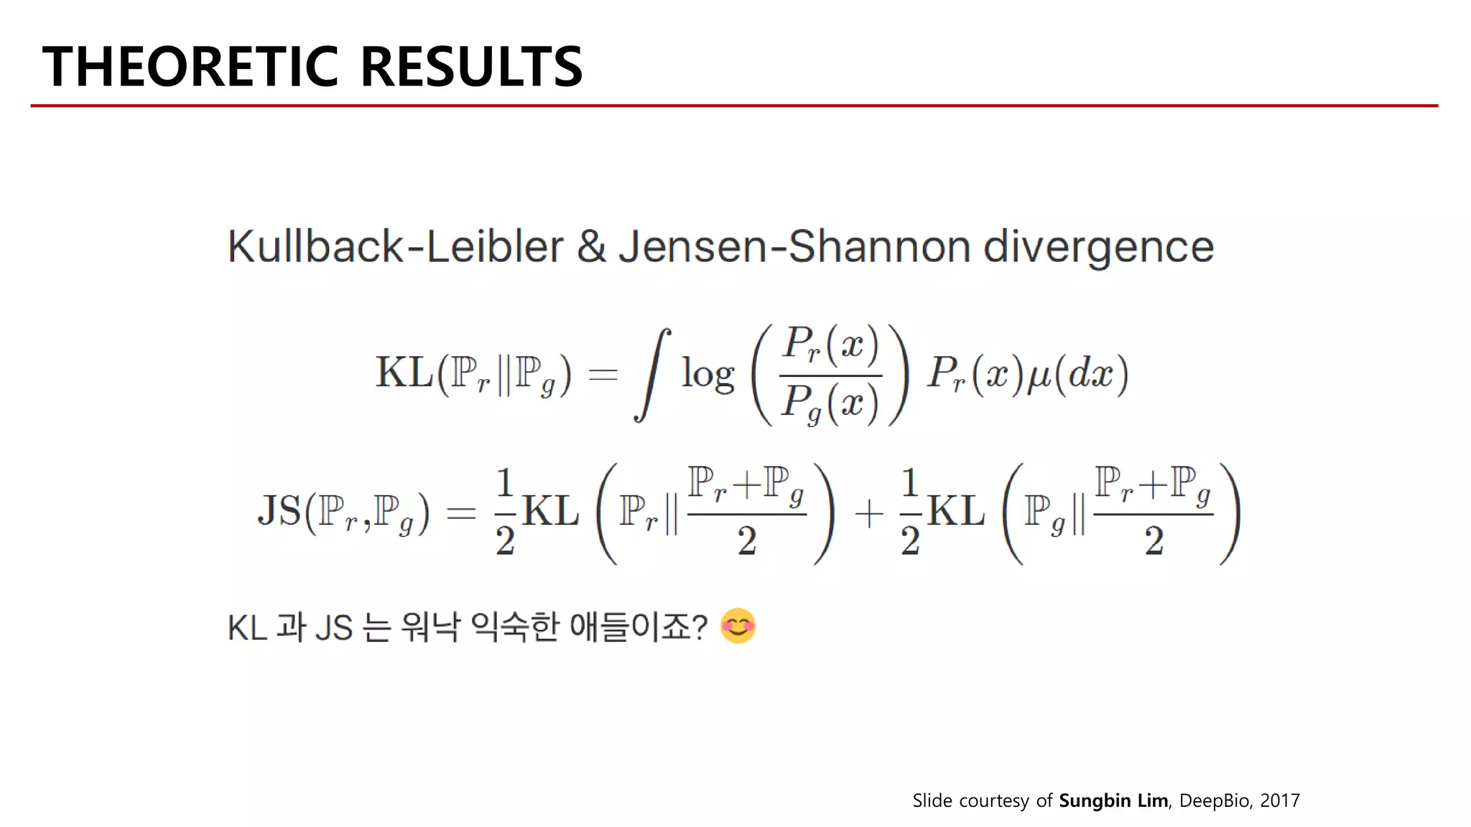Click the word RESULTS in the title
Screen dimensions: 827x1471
(471, 67)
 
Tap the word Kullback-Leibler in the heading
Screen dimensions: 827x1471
(396, 247)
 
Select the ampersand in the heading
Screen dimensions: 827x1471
(591, 247)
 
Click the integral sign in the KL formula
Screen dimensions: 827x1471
(652, 375)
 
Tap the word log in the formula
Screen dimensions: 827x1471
(708, 375)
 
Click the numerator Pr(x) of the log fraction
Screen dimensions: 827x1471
(830, 345)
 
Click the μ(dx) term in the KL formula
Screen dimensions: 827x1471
(1077, 374)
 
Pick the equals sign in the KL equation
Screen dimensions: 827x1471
(603, 374)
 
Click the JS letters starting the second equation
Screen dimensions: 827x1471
(279, 511)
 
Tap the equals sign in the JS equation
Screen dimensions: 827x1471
(461, 513)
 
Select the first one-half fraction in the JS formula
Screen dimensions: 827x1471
(505, 511)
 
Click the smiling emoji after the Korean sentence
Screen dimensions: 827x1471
(738, 626)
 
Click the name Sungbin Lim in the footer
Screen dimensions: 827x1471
(1113, 800)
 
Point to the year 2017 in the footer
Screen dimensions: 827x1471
(1279, 800)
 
